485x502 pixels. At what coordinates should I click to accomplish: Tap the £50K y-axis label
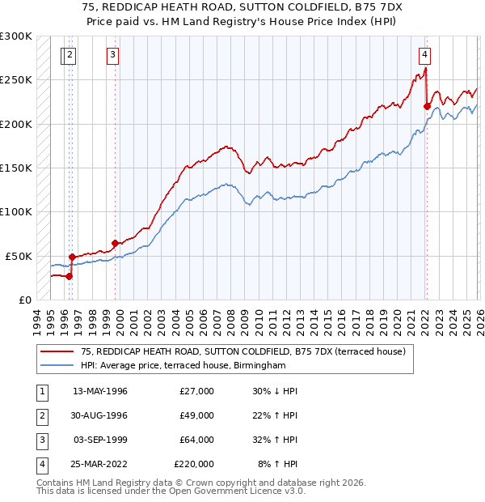pyautogui.click(x=19, y=256)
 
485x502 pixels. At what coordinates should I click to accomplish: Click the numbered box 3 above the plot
pyautogui.click(x=112, y=55)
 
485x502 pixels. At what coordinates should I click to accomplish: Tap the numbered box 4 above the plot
pyautogui.click(x=424, y=55)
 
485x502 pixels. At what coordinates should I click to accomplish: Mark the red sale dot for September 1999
pyautogui.click(x=116, y=243)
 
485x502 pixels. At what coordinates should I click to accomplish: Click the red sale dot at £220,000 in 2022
pyautogui.click(x=427, y=105)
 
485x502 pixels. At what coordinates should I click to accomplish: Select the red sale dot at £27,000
pyautogui.click(x=70, y=275)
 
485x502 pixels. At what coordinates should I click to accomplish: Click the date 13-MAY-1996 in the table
pyautogui.click(x=100, y=391)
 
